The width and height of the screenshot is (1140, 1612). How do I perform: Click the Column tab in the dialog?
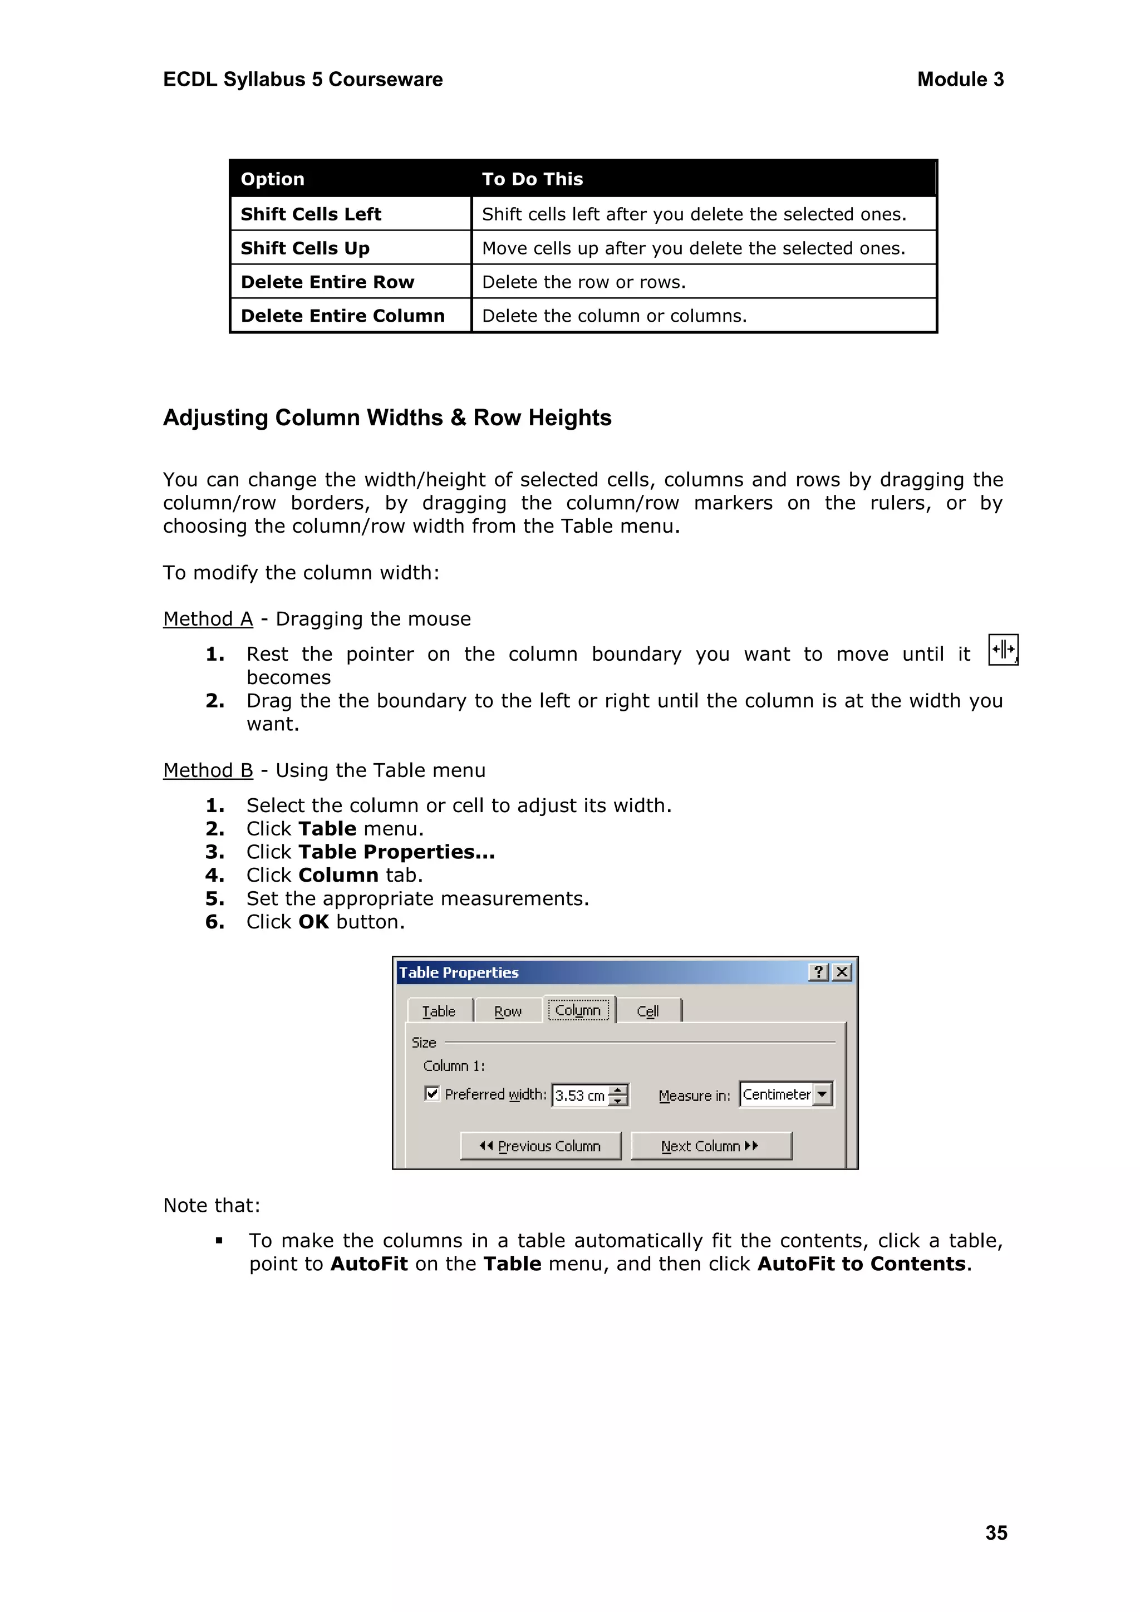click(x=578, y=1010)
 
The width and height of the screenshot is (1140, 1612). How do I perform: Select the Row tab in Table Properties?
click(x=508, y=1012)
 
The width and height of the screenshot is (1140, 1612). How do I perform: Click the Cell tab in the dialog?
click(x=647, y=1012)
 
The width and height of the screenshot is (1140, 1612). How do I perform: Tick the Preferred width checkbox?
click(x=433, y=1094)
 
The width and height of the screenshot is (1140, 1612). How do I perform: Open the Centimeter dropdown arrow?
click(x=822, y=1094)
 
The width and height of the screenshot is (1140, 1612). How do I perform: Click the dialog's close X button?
click(x=842, y=972)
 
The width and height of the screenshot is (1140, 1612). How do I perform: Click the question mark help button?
click(x=818, y=972)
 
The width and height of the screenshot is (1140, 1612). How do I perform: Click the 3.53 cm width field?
click(x=580, y=1096)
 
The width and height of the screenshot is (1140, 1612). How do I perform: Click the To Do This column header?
click(x=532, y=179)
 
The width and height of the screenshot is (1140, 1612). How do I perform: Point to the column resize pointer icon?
click(x=1003, y=650)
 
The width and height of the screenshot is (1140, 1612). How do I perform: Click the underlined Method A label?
click(x=208, y=618)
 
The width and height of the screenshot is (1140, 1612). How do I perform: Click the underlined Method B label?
click(x=208, y=770)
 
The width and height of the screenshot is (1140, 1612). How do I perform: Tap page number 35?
click(x=995, y=1532)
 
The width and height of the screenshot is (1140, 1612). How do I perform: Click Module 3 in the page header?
click(x=960, y=80)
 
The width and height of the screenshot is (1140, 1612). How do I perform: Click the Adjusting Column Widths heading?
click(x=387, y=417)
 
